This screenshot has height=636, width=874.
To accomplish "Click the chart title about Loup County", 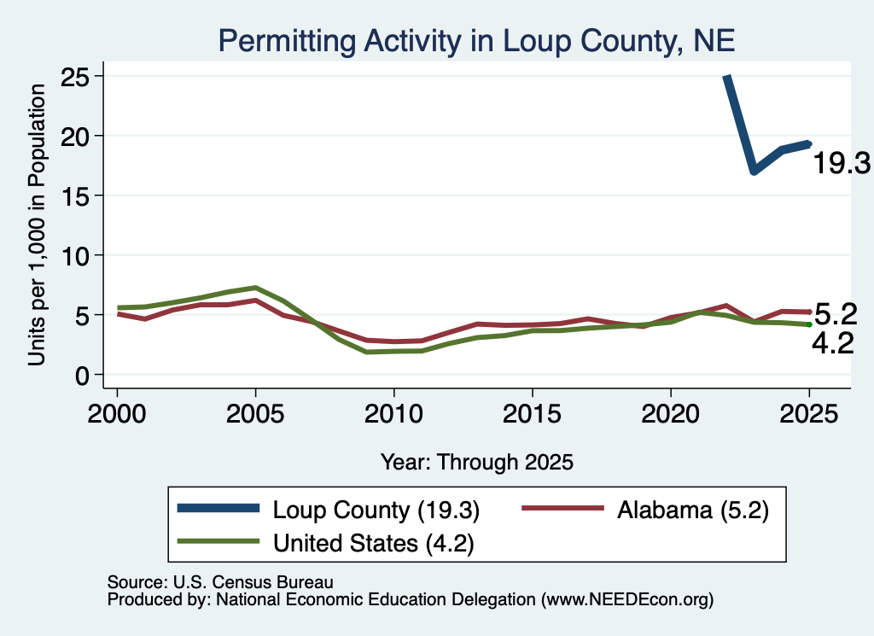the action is [476, 41].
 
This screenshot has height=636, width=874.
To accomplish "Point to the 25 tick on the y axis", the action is [75, 76].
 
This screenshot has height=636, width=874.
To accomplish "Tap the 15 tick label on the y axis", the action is [75, 195].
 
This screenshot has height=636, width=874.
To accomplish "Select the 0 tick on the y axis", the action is [82, 375].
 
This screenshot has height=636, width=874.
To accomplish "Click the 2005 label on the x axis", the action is [255, 414].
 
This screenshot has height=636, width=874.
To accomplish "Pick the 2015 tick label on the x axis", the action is [533, 414].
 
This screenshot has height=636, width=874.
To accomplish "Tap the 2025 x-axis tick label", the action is [809, 414].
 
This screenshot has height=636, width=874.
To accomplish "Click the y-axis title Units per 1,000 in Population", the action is [37, 225].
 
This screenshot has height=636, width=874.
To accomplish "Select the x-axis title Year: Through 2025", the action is [477, 462].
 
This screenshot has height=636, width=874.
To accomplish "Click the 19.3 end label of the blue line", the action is [842, 163].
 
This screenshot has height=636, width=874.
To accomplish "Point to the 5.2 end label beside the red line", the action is [836, 314].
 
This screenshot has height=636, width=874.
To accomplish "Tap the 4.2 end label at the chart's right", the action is [833, 343].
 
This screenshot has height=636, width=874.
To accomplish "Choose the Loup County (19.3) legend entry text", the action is [376, 510].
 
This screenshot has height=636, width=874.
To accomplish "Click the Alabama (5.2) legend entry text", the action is [693, 510].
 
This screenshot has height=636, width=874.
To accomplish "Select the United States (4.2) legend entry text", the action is [374, 543].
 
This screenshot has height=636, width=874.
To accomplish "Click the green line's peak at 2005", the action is [255, 288].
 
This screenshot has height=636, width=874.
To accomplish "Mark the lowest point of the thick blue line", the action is [754, 171].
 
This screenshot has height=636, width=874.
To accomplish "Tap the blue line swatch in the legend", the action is [218, 508].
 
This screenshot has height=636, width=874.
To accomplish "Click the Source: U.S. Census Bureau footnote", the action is [220, 582].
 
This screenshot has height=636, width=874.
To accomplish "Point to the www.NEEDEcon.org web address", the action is [627, 600].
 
